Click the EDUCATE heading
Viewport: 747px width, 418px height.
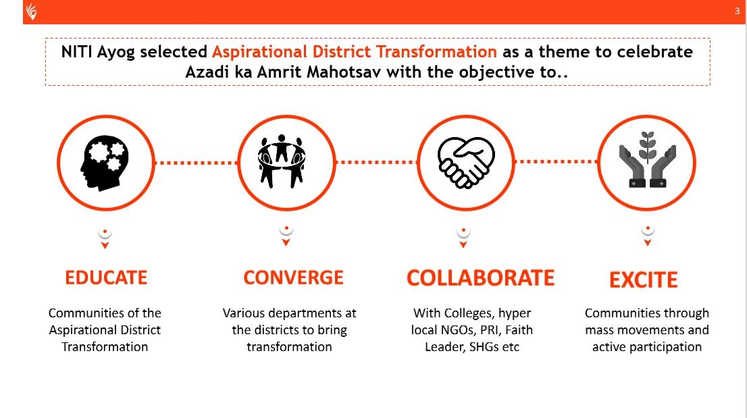click(x=106, y=278)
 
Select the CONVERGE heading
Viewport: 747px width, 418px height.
click(x=293, y=278)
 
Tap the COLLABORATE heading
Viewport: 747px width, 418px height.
click(x=481, y=278)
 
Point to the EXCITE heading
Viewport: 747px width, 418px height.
click(x=644, y=280)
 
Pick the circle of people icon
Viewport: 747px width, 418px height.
click(x=282, y=161)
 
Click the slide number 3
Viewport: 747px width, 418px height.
click(x=737, y=11)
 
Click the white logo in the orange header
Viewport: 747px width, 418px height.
click(x=32, y=11)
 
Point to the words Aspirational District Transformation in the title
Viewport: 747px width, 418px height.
click(x=355, y=51)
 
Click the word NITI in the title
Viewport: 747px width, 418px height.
click(x=76, y=51)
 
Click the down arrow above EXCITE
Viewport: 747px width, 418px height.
click(x=648, y=243)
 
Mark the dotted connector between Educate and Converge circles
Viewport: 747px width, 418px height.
click(x=196, y=163)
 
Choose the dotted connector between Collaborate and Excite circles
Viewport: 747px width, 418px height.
click(x=556, y=162)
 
